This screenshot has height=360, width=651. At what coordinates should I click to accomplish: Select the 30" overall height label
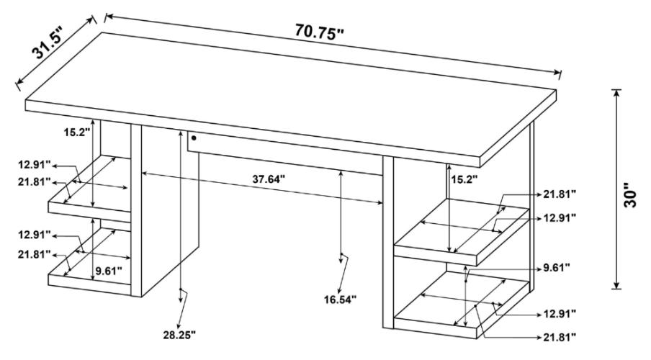click(x=632, y=194)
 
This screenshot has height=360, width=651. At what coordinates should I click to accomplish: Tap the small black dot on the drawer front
click(x=194, y=137)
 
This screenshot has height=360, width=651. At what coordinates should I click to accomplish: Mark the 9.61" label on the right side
click(x=557, y=267)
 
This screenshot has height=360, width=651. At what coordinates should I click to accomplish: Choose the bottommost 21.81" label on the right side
click(x=560, y=336)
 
